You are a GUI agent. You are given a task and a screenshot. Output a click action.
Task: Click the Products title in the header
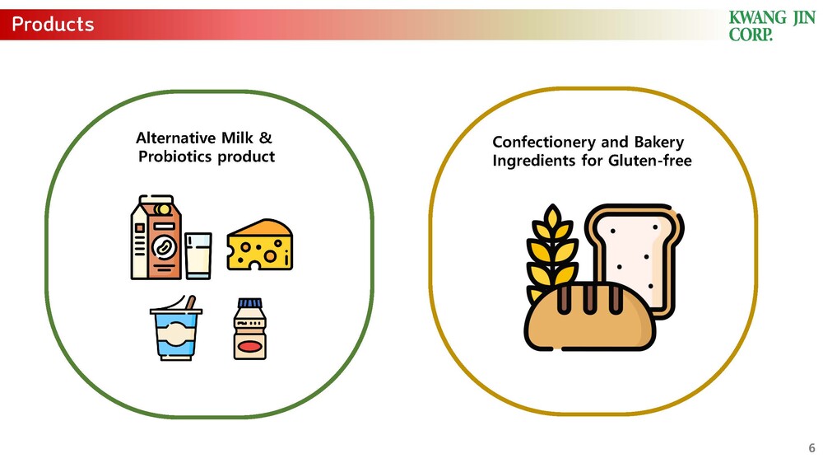[x=53, y=24]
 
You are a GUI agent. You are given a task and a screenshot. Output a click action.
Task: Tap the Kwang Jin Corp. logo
[x=772, y=26]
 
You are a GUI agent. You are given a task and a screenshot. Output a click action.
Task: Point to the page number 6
[x=811, y=448]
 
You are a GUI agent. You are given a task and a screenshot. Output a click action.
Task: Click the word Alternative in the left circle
[x=176, y=138]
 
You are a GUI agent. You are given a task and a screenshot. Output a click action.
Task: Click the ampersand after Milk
[x=266, y=138]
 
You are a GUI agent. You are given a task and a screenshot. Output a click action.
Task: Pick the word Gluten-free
[x=650, y=161]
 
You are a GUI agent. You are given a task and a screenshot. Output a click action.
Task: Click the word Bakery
[x=659, y=143]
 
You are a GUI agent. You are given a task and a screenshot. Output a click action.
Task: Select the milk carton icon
[x=156, y=237]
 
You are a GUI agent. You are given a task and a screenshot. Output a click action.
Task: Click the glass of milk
[x=198, y=255]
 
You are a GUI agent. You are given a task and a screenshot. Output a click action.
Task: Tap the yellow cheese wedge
[x=260, y=245]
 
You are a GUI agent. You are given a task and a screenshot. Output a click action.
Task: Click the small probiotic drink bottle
[x=250, y=329]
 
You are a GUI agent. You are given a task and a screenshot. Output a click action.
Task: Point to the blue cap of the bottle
[x=250, y=303]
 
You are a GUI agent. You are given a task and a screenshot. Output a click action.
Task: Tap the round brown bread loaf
[x=590, y=316]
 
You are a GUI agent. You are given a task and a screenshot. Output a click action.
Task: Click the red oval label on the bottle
[x=250, y=346]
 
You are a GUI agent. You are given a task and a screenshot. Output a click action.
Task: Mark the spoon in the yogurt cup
[x=190, y=302]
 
